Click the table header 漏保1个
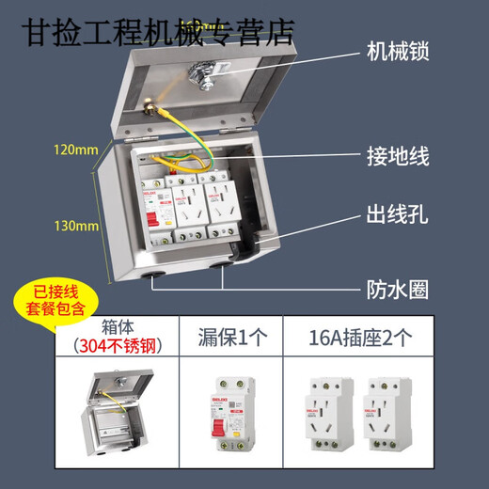point(225,335)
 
